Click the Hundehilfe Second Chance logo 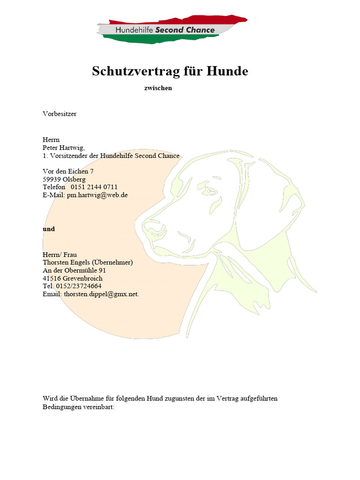[x=172, y=30]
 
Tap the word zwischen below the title [x=158, y=88]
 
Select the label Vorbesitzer [x=60, y=113]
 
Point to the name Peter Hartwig [x=63, y=148]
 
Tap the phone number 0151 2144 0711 [x=94, y=187]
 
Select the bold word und [x=49, y=229]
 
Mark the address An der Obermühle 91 [x=74, y=270]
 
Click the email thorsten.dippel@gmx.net [x=102, y=294]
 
